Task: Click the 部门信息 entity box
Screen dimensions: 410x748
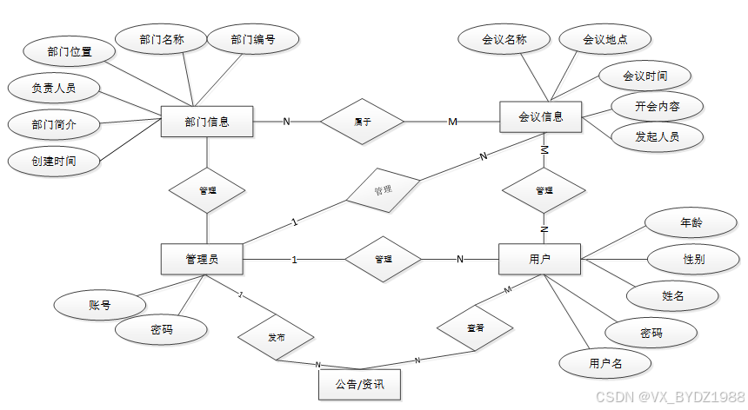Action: [207, 122]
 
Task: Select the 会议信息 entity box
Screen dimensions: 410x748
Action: [540, 116]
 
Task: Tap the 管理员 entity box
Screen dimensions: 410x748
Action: [202, 259]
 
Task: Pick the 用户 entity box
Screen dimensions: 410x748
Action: [540, 259]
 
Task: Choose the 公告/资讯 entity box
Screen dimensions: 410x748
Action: [359, 383]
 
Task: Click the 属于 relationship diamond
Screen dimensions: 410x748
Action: [363, 122]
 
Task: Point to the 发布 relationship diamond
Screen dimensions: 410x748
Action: [276, 337]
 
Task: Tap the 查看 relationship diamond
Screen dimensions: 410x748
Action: [475, 328]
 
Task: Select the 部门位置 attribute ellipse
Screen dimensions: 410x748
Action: [70, 51]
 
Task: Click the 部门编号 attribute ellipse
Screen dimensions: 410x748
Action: [253, 39]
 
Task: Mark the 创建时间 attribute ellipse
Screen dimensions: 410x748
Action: [54, 161]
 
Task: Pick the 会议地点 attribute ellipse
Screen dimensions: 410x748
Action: [605, 39]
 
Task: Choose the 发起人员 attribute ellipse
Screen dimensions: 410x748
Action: [657, 136]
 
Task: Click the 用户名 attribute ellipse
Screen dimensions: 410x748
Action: [605, 363]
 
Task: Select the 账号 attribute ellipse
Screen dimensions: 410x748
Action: [99, 305]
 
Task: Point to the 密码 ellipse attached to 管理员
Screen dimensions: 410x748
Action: [162, 330]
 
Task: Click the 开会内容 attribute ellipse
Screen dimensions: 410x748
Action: [657, 107]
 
